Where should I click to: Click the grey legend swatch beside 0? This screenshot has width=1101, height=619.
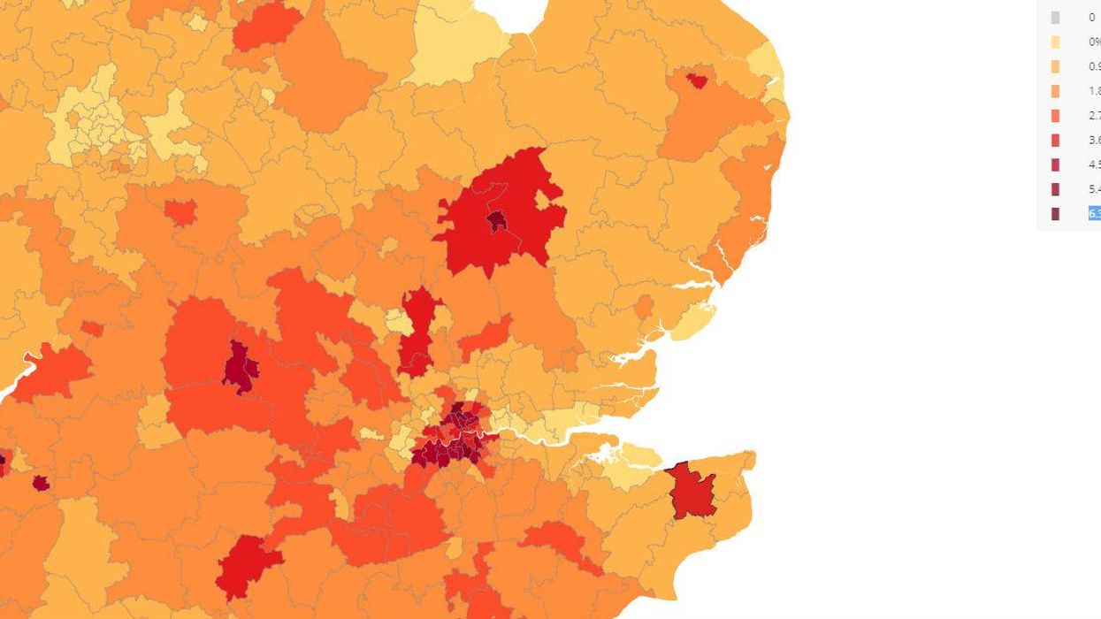point(1055,18)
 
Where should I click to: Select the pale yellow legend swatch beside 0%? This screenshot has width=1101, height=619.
point(1055,42)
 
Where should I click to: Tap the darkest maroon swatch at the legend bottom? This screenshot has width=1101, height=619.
point(1055,214)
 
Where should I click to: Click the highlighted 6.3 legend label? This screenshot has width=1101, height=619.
point(1095,214)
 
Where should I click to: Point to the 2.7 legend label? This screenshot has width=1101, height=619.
point(1095,116)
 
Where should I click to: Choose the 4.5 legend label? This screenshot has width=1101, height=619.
point(1095,164)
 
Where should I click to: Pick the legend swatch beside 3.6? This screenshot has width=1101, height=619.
point(1055,141)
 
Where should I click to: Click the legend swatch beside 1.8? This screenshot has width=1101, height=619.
point(1055,91)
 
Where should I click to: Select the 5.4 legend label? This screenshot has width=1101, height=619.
point(1095,189)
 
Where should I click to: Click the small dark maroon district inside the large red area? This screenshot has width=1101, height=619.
point(497,220)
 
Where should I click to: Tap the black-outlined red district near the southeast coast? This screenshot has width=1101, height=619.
point(692,493)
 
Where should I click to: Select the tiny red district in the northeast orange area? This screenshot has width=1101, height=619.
point(697,81)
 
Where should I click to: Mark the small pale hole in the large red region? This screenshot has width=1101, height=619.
point(542,201)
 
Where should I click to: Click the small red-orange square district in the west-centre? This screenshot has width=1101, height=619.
point(180,212)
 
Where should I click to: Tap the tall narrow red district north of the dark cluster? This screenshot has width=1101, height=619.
point(418,332)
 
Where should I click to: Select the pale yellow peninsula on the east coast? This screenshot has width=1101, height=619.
point(693,321)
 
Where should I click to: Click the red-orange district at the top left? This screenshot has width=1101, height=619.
point(265,27)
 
